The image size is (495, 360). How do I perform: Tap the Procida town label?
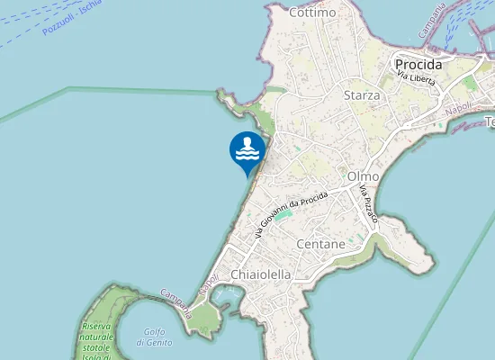tap(418, 65)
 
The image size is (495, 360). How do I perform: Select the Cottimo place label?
tap(312, 13)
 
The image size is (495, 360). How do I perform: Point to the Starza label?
tap(362, 94)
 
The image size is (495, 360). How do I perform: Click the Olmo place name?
tap(362, 176)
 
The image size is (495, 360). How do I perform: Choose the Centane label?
tap(320, 244)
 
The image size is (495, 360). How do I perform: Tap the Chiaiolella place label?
tap(261, 274)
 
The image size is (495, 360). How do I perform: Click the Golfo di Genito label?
tap(155, 337)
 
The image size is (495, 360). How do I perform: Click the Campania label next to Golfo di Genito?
tap(176, 302)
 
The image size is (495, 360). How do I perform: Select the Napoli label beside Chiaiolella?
tap(208, 283)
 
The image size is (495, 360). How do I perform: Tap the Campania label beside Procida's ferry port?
tap(433, 21)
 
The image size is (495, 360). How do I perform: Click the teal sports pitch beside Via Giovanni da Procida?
tap(283, 216)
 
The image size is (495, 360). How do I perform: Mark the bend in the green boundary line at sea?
tap(69, 88)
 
